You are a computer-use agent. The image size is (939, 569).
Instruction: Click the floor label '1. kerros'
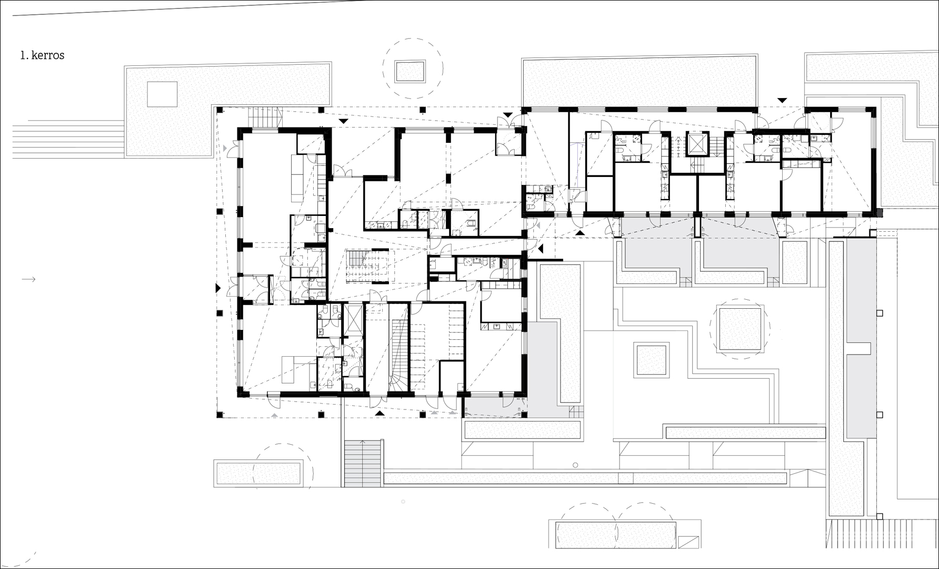[x=42, y=55]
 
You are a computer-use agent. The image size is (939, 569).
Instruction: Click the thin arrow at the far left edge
[x=28, y=279]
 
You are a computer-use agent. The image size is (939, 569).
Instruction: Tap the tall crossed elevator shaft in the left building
[x=353, y=321]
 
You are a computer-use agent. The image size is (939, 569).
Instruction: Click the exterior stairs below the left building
[x=362, y=464]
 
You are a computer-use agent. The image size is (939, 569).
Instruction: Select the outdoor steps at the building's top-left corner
[x=264, y=117]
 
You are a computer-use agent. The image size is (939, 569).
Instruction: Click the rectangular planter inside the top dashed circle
[x=411, y=71]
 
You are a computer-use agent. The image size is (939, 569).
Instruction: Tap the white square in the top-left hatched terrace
[x=162, y=95]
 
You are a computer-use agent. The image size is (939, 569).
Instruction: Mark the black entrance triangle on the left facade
[x=217, y=288]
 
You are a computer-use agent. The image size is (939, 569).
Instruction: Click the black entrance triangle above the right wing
[x=783, y=100]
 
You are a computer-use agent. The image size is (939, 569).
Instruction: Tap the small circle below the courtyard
[x=575, y=465]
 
